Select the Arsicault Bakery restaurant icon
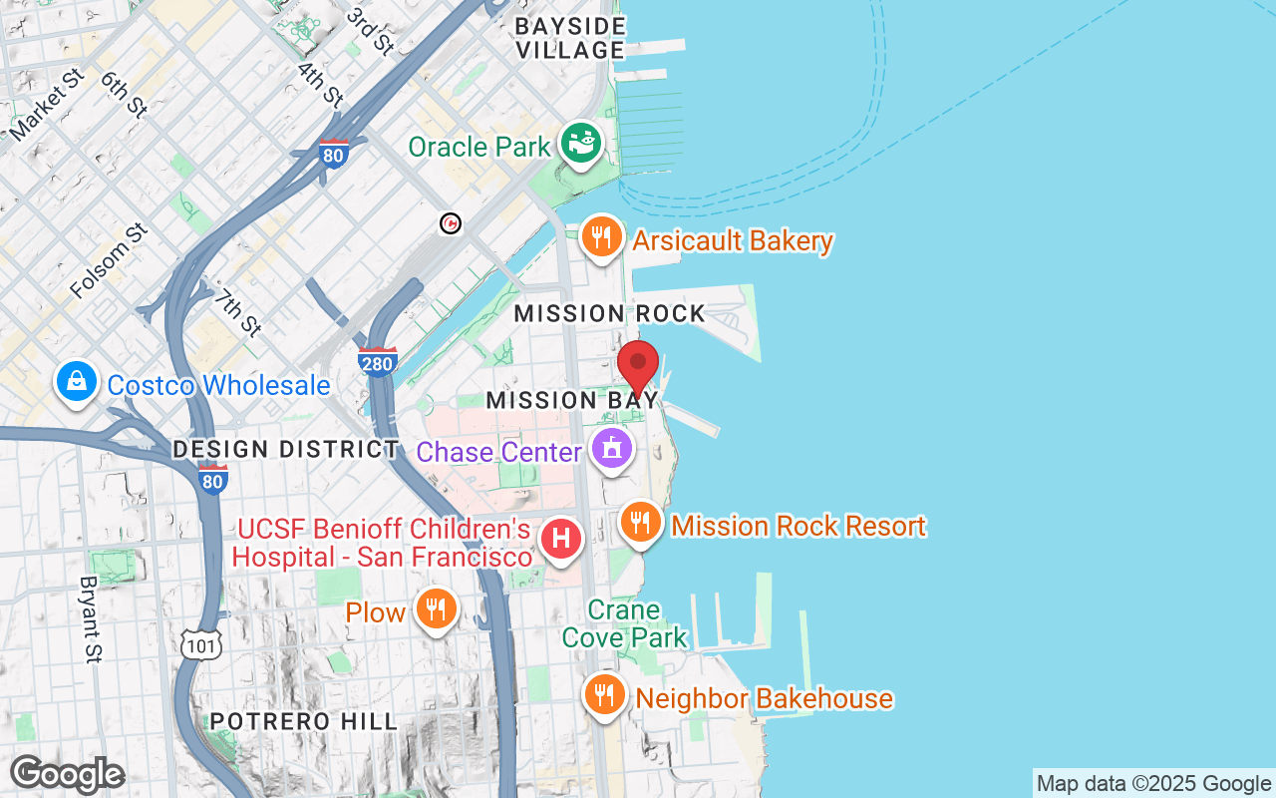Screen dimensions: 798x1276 602,237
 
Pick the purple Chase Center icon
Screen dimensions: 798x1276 612,449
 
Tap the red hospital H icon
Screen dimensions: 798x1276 560,539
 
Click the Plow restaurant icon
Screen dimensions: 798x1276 436,607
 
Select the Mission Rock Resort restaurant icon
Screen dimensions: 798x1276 641,522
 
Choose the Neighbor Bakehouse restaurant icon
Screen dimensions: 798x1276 604,694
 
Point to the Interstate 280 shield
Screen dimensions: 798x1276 378,361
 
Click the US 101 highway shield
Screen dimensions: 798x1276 201,644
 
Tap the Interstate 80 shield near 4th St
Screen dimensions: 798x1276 333,154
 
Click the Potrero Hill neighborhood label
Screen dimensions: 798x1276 303,721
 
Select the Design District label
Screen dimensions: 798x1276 286,449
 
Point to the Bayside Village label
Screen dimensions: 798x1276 570,38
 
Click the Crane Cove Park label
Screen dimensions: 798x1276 624,623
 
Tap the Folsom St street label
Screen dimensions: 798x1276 109,260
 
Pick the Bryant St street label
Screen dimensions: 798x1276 91,619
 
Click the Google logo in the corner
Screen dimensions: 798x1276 67,774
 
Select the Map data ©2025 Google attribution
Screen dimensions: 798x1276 1153,784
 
